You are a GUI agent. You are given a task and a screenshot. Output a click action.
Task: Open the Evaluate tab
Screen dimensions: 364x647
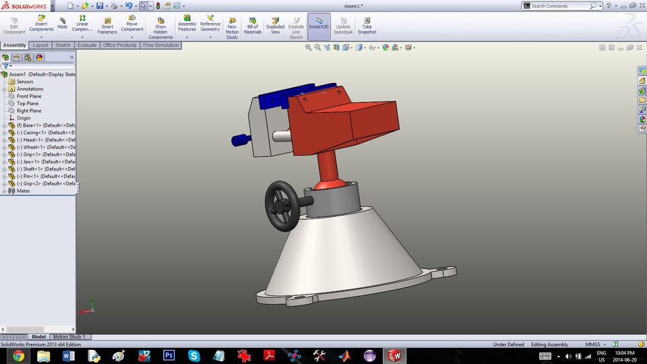(86, 45)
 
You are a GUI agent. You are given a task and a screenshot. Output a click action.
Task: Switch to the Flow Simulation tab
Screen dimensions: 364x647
(160, 45)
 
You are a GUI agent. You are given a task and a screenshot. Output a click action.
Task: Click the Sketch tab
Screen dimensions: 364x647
(63, 45)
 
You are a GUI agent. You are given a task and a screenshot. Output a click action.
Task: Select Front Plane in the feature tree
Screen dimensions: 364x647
(29, 96)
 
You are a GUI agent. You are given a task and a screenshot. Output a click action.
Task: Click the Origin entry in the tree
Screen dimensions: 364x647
(24, 118)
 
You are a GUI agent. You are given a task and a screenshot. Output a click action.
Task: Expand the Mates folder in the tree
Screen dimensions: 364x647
(5, 191)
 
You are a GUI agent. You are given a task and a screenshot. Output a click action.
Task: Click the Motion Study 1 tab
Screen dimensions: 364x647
(69, 336)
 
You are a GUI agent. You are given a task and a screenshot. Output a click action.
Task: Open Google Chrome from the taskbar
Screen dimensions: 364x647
(18, 355)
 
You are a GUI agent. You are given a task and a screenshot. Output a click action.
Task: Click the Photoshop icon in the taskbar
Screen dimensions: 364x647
(169, 355)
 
